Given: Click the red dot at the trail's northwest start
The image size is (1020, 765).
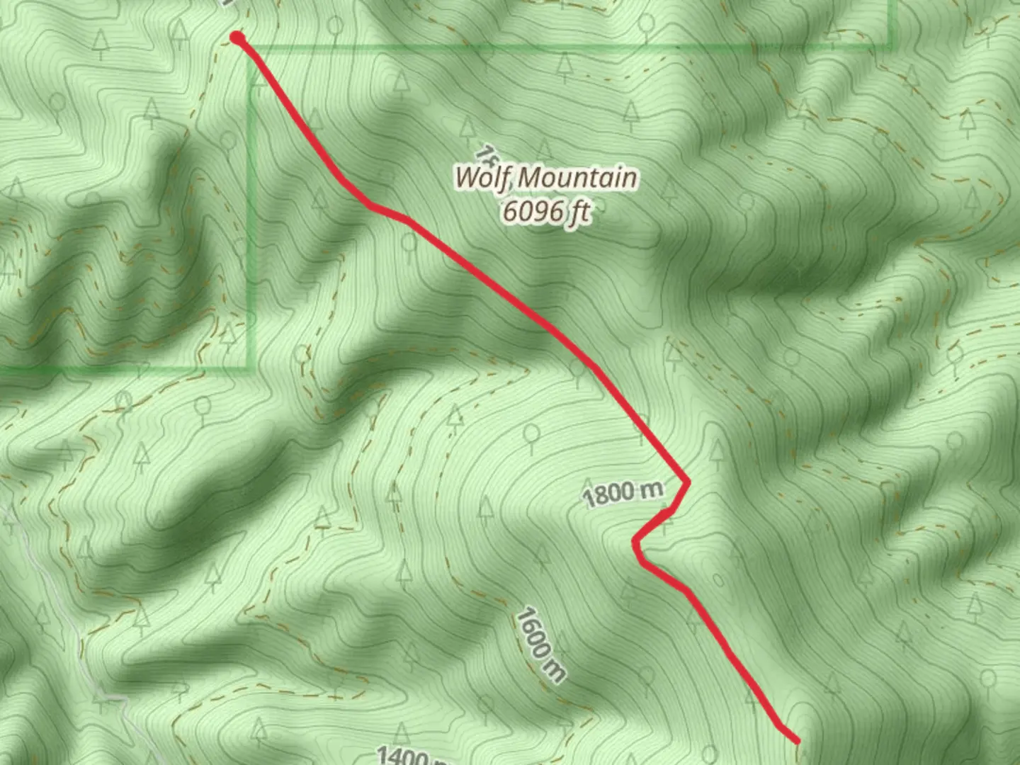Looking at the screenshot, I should (238, 38).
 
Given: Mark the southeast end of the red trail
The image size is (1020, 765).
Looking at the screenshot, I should (798, 741).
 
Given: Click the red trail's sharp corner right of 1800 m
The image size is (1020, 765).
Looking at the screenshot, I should (687, 482).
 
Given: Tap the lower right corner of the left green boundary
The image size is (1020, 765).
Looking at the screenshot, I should (251, 367).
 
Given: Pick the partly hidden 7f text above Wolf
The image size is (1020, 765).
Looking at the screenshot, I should (484, 152).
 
